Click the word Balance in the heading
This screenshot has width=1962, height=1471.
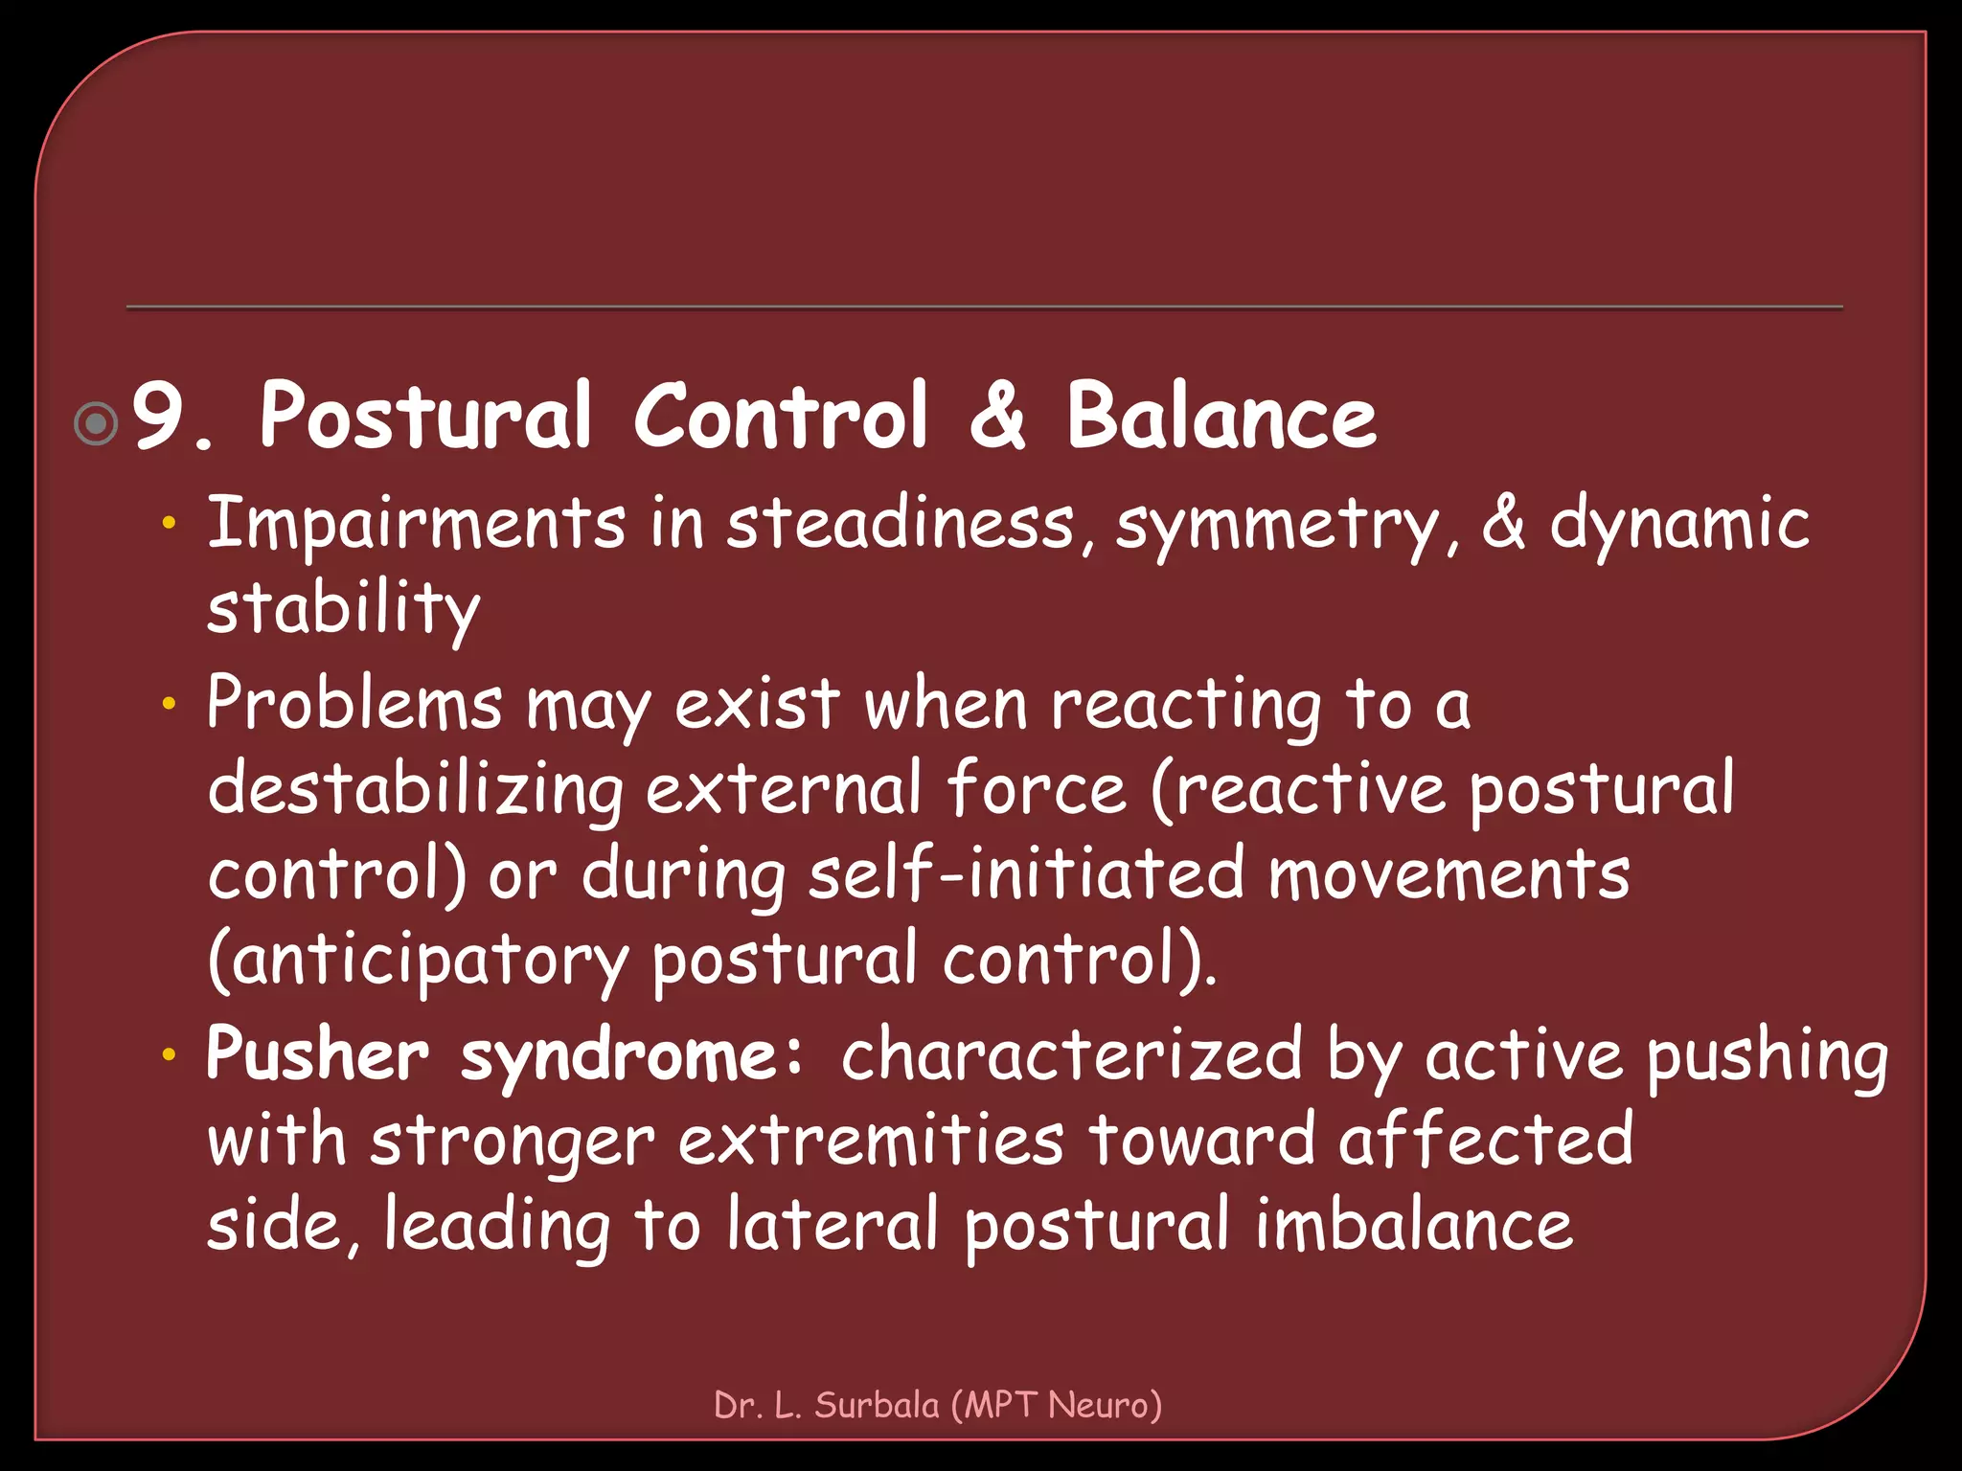point(1221,417)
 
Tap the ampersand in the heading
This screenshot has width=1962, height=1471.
point(997,417)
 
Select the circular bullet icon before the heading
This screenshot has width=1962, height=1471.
point(96,423)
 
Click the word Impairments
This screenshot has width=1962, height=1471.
point(417,524)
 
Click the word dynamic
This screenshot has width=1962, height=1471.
point(1678,526)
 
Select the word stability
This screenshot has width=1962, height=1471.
point(343,609)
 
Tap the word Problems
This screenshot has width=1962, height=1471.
point(354,704)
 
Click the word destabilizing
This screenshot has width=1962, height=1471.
point(415,791)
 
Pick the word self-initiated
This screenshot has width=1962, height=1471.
point(1025,874)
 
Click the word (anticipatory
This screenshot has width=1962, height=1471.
point(418,962)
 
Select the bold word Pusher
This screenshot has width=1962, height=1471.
point(317,1055)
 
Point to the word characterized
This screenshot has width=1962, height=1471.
point(1071,1055)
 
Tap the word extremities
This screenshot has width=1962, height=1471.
point(871,1141)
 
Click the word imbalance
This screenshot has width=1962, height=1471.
point(1413,1226)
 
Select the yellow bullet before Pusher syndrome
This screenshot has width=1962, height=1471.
point(170,1055)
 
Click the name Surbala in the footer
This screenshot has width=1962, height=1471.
point(877,1405)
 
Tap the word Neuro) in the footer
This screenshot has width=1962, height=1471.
point(1105,1405)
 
